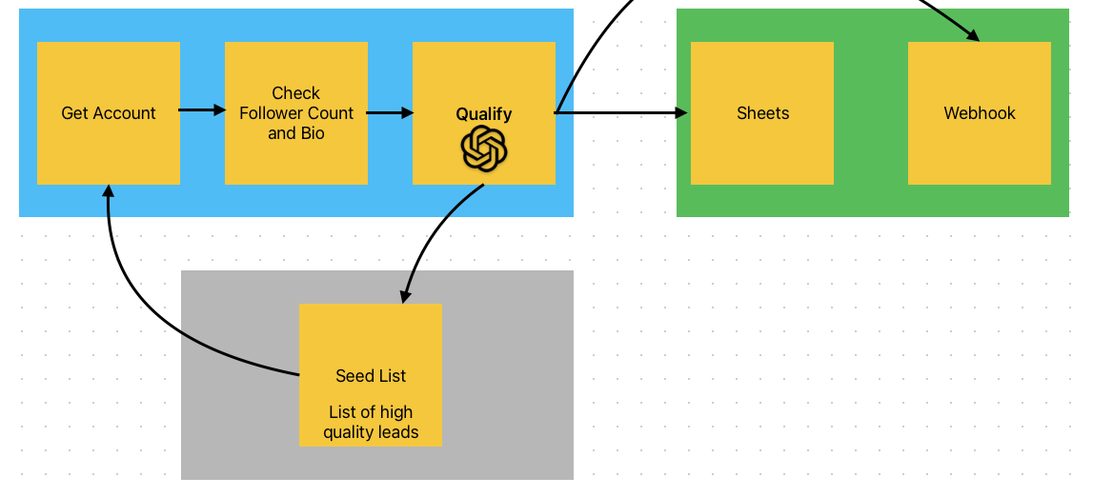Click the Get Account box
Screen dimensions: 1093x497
[x=108, y=112]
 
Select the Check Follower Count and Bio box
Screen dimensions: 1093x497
[x=296, y=112]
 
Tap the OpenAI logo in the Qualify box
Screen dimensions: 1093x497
[x=484, y=149]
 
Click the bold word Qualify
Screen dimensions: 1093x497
[x=484, y=114]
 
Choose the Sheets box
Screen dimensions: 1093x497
[x=762, y=112]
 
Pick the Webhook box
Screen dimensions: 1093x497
[x=980, y=112]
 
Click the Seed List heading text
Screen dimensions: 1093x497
[x=371, y=376]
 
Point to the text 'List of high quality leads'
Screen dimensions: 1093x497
[x=371, y=422]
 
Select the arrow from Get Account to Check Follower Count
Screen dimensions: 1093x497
[x=202, y=110]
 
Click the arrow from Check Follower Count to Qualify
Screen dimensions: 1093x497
[x=390, y=112]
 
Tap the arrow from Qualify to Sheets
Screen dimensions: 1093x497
[x=621, y=112]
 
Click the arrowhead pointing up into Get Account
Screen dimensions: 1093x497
[x=108, y=190]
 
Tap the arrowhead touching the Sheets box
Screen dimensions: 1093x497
[x=681, y=112]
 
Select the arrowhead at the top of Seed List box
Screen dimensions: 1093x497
[x=404, y=296]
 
